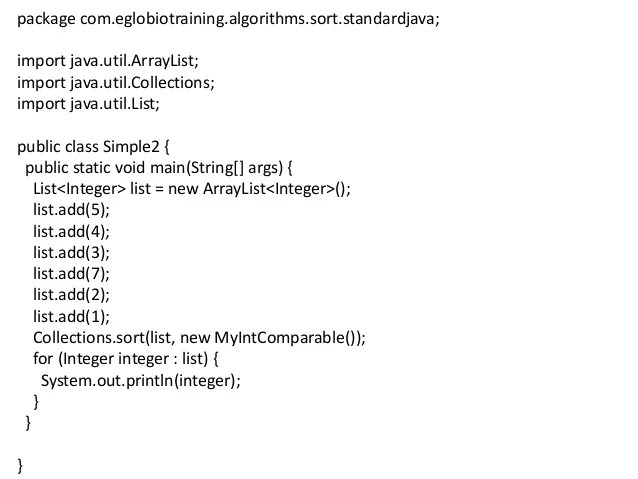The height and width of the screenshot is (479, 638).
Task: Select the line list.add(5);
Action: [x=70, y=209]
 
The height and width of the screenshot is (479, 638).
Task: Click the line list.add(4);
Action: [x=70, y=230]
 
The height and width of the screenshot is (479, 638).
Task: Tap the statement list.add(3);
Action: [x=70, y=251]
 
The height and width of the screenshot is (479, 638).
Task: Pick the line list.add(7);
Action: [x=70, y=272]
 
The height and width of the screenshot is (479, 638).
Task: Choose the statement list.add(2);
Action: [x=70, y=293]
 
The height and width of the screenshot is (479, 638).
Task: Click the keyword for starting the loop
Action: [x=43, y=357]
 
